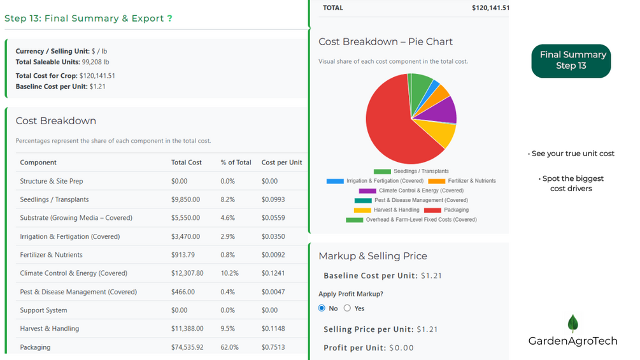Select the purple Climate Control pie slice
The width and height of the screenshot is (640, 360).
pos(443,110)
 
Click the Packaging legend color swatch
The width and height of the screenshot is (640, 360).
pos(432,210)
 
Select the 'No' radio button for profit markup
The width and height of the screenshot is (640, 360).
pos(322,308)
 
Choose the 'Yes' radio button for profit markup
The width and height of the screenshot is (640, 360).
pos(347,308)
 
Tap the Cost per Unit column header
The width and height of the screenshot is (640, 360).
pos(281,162)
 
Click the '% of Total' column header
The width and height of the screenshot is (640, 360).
pos(236,162)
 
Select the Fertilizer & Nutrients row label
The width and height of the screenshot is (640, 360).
pos(51,255)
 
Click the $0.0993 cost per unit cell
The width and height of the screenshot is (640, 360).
pos(273,199)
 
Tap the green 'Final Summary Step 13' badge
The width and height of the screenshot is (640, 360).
pos(571,61)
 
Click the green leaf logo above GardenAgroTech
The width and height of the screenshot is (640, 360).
pos(572,323)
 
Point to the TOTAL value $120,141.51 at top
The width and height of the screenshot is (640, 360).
pos(490,8)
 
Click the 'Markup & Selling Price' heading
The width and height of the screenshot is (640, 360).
pos(373,256)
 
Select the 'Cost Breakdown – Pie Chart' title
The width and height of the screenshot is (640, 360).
pos(385,41)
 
